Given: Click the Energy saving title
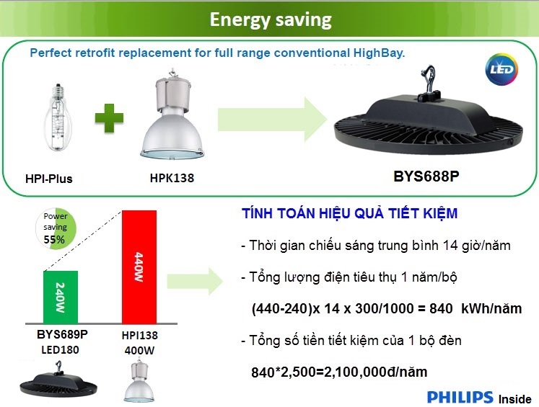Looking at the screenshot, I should point(270,19).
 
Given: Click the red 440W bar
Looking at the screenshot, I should point(139,266).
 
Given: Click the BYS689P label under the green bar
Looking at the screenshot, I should point(62,335).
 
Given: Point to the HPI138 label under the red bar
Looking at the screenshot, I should point(140,335).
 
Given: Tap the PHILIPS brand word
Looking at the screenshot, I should point(460,397).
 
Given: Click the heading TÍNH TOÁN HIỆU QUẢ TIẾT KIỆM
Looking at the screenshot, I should point(349,215).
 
